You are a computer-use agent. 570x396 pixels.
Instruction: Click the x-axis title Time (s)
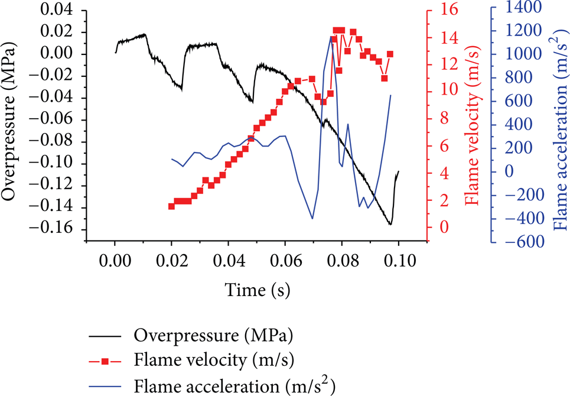coord(258,290)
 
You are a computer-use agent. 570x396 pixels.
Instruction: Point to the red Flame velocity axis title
coord(472,125)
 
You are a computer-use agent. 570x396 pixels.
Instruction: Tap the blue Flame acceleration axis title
coord(561,126)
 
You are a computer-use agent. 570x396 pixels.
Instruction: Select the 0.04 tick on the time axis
coord(228,261)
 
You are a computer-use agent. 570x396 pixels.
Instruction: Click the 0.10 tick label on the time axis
coord(399,261)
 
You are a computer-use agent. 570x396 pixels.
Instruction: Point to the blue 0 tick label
coord(510,171)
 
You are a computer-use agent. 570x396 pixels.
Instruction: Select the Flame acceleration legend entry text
coord(234,385)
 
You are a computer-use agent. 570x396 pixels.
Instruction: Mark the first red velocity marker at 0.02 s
coord(171,206)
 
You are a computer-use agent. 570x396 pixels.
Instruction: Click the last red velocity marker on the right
coord(390,54)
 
